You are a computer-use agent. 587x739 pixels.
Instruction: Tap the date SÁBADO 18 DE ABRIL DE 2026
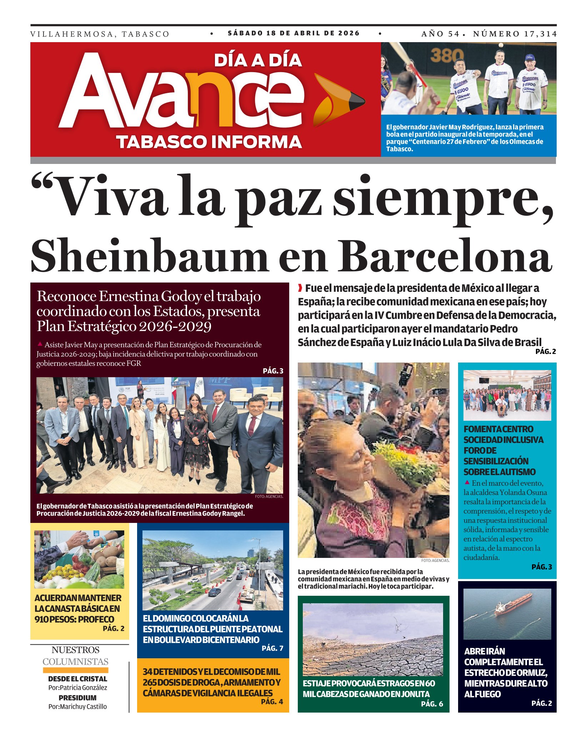coord(293,33)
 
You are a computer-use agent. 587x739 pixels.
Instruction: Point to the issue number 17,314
coord(540,34)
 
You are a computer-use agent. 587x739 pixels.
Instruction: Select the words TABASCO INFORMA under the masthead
coord(209,142)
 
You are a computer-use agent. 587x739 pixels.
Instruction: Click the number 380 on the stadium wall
coord(447,55)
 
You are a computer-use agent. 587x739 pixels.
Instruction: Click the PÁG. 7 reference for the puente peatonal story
coord(272,648)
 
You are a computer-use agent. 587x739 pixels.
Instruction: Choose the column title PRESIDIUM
coord(77,698)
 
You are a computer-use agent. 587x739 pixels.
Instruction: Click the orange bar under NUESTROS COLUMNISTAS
coord(76,670)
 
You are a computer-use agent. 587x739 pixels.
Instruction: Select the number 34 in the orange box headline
coord(147,672)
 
